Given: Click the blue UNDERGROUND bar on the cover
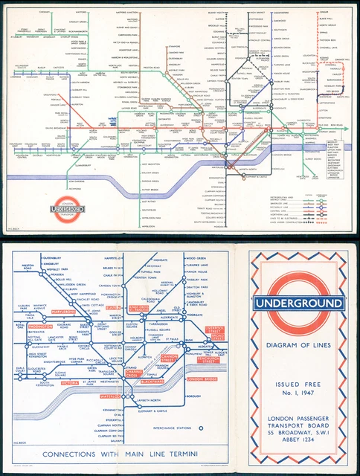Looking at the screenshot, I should (298, 303).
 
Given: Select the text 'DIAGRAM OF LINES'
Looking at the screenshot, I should (298, 345).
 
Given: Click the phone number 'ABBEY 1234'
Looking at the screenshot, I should (298, 439).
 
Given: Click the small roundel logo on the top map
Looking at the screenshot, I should (68, 210).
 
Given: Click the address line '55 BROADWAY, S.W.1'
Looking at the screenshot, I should (298, 428).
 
